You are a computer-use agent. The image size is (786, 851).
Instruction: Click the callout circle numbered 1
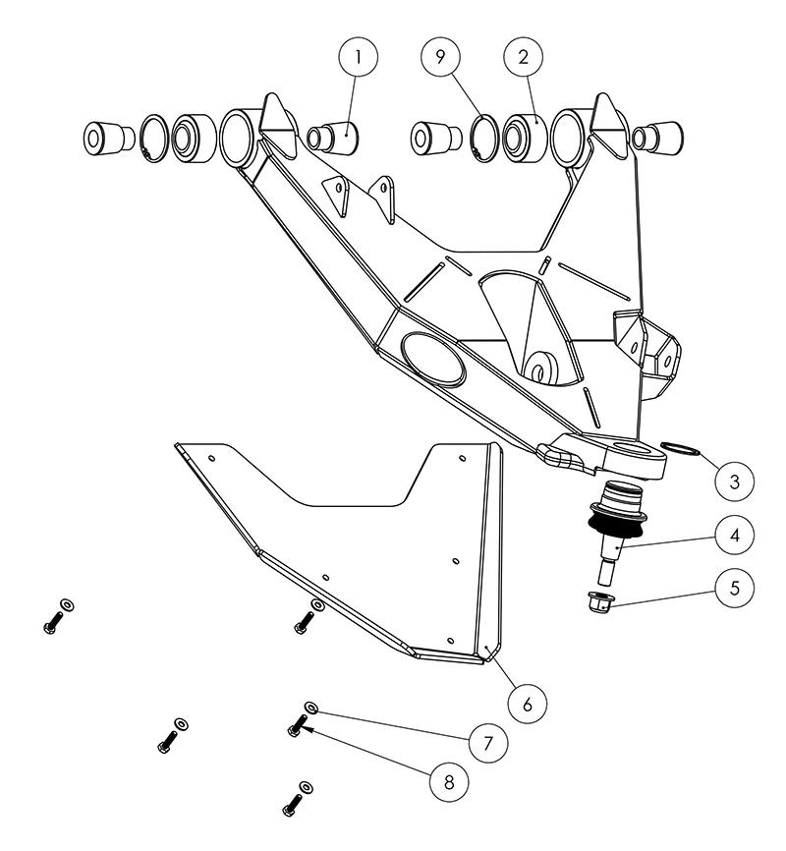pyautogui.click(x=358, y=57)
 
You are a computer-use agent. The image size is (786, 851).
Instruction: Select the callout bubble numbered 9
pyautogui.click(x=441, y=56)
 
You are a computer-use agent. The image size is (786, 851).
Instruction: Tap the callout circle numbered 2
pyautogui.click(x=524, y=56)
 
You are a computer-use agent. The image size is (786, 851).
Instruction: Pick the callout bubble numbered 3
pyautogui.click(x=735, y=481)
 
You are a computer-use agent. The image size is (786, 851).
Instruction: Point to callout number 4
pyautogui.click(x=735, y=536)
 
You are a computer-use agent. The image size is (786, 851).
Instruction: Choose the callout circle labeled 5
pyautogui.click(x=735, y=588)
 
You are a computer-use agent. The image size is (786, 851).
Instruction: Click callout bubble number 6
pyautogui.click(x=527, y=704)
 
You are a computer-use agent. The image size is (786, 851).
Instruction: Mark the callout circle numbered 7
pyautogui.click(x=488, y=743)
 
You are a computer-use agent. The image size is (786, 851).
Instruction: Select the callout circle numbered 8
pyautogui.click(x=449, y=782)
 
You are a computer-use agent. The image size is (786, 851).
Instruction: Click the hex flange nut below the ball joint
pyautogui.click(x=601, y=602)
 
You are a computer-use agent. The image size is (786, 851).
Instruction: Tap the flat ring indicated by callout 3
pyautogui.click(x=681, y=448)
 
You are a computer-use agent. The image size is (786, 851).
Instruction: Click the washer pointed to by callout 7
pyautogui.click(x=311, y=707)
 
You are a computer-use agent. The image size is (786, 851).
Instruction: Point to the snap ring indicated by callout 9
pyautogui.click(x=484, y=139)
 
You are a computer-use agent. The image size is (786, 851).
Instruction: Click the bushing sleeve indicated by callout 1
pyautogui.click(x=333, y=138)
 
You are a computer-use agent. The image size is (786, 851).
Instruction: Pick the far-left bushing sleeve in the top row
pyautogui.click(x=108, y=139)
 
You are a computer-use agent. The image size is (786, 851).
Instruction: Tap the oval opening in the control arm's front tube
pyautogui.click(x=433, y=360)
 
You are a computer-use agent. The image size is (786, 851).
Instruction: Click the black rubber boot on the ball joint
pyautogui.click(x=617, y=524)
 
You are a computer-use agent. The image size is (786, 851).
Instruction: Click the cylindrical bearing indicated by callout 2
pyautogui.click(x=525, y=138)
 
